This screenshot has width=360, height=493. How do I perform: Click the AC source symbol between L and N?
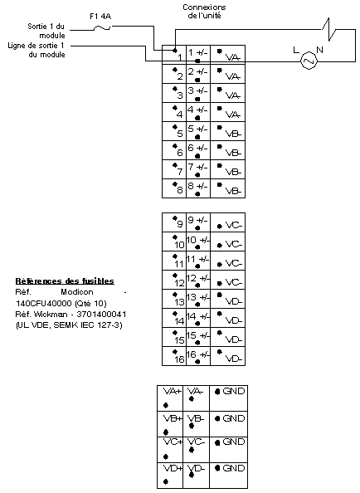click(309, 61)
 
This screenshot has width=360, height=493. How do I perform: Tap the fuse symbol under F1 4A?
click(102, 28)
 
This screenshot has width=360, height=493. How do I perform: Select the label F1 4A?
click(100, 16)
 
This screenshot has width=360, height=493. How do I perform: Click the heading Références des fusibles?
click(65, 281)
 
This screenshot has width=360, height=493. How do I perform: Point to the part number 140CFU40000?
click(44, 304)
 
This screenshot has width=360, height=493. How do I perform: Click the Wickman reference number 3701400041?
click(101, 314)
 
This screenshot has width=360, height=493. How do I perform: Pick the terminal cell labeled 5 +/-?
click(198, 131)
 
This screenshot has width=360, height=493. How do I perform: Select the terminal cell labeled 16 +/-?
click(198, 356)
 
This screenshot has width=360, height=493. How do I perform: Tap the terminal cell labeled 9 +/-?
click(198, 222)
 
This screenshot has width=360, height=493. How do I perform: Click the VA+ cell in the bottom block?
click(170, 398)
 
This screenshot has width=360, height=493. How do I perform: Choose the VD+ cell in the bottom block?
click(170, 476)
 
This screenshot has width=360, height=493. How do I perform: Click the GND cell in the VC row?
click(229, 450)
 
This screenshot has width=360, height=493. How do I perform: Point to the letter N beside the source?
click(320, 50)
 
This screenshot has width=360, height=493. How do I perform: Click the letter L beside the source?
click(296, 50)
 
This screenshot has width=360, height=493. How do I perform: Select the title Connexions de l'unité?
click(204, 12)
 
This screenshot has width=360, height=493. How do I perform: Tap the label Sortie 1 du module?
click(46, 31)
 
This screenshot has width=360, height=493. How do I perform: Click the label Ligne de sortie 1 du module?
click(36, 50)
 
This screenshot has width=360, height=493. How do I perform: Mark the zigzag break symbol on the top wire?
click(329, 30)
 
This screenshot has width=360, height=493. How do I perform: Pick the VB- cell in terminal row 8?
click(228, 188)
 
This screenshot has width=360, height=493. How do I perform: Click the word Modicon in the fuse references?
click(77, 292)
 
